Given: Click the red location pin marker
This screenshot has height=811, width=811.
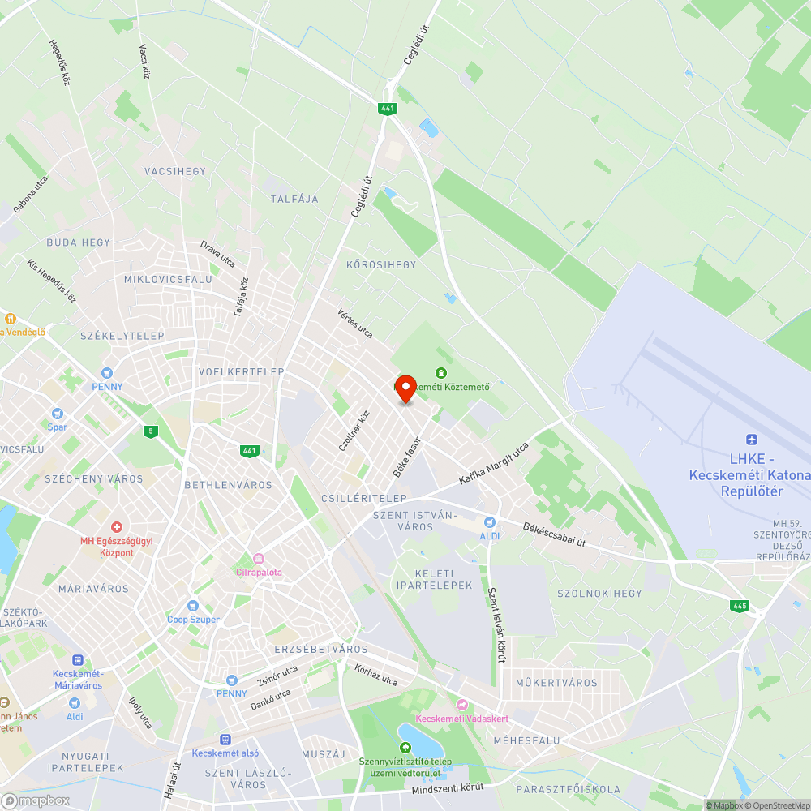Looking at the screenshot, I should tap(405, 388).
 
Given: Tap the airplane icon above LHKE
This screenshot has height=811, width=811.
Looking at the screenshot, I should tap(750, 439).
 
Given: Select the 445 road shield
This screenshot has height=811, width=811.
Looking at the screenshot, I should tap(739, 606).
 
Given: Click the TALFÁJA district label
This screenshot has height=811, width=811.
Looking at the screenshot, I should tap(294, 199).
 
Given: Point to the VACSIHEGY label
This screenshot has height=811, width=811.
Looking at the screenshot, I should tap(175, 171).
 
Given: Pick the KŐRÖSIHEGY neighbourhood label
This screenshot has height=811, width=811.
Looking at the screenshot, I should tap(380, 264).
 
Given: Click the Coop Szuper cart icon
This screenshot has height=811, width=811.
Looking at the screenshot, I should tap(193, 605).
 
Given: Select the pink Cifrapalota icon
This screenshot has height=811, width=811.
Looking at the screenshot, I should tap(259, 558).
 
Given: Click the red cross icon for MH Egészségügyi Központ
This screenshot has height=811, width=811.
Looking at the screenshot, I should tap(116, 527).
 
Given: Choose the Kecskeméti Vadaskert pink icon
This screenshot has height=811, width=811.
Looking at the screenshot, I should tap(462, 705).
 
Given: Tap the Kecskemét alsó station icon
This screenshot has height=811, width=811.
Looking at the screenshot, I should tap(225, 739).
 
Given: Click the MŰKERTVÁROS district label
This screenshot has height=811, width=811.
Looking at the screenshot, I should tap(556, 683).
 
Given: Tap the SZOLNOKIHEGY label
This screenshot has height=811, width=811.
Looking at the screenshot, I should tap(599, 594).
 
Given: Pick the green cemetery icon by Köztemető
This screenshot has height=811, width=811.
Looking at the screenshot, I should tap(440, 373).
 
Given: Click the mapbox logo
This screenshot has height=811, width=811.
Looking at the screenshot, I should tap(36, 800).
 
